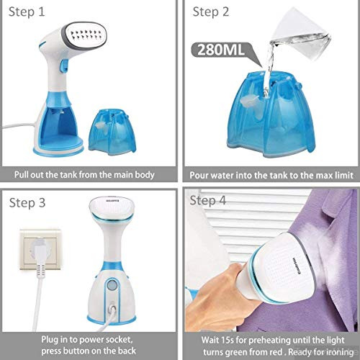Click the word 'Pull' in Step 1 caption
(x=24, y=175)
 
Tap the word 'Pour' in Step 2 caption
(x=201, y=175)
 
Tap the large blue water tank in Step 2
(x=274, y=122)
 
